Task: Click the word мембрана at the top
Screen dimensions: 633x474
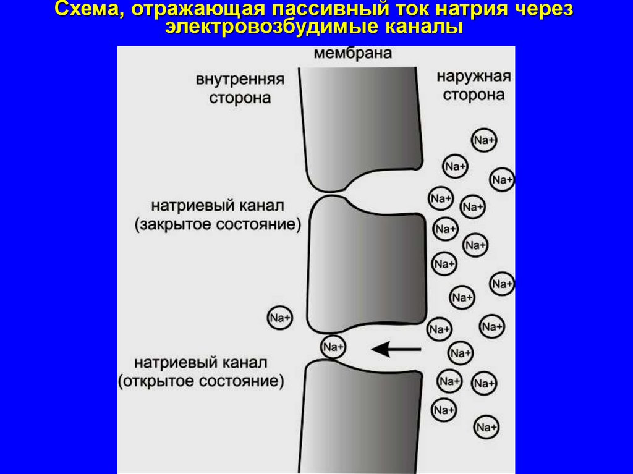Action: pos(353,53)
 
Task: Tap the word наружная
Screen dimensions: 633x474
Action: pos(474,77)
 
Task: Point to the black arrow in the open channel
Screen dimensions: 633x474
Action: pos(396,350)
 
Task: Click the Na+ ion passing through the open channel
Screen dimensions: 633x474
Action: pos(333,347)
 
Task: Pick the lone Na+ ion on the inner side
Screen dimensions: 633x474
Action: pos(279,318)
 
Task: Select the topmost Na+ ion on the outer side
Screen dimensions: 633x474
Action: pos(483,140)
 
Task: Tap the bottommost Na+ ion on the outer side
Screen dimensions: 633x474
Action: pos(486,427)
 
